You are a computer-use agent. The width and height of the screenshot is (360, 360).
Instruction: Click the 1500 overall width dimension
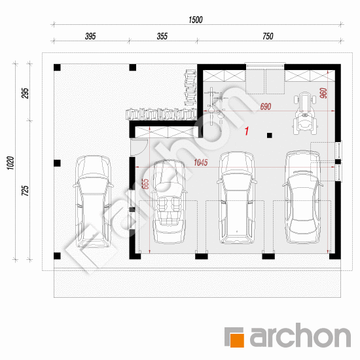coord(196,20)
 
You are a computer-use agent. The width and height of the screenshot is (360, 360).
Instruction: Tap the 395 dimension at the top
coord(90,36)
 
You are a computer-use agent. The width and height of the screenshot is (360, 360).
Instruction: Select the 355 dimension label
coord(162,36)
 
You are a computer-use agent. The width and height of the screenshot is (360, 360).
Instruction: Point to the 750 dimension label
coord(268,36)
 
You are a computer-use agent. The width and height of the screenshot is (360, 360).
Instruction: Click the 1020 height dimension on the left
coord(10,163)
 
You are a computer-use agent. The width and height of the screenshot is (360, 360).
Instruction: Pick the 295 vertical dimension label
coord(26,93)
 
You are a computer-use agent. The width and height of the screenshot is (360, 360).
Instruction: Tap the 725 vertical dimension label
coord(26,190)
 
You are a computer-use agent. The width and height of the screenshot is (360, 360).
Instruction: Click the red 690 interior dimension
coord(265,107)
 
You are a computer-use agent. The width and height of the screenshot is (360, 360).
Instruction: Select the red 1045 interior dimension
coord(201,162)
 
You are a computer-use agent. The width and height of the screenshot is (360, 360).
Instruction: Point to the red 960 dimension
coord(323,93)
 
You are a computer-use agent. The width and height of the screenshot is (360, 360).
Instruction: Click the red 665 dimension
coord(145,184)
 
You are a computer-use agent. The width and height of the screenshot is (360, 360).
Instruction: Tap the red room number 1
coord(247,131)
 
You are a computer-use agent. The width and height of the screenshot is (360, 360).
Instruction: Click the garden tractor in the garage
coord(305,113)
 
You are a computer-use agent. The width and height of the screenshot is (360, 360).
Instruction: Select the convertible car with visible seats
coord(170,202)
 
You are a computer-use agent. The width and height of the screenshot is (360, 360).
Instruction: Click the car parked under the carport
coord(93,202)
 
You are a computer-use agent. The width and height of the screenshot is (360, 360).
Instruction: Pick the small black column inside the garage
coord(269,135)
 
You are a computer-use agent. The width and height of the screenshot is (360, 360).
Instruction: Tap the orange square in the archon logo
coord(237,340)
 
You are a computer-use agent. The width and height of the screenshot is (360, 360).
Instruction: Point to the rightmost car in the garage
coord(302,197)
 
